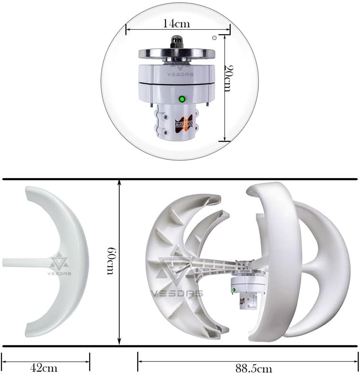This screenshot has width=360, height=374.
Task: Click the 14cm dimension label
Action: (176, 24)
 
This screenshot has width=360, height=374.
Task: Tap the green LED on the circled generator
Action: (182, 99)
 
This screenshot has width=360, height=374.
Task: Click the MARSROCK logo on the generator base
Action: (183, 124)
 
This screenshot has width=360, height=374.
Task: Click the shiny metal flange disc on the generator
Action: (177, 54)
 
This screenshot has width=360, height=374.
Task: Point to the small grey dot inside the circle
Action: (214, 38)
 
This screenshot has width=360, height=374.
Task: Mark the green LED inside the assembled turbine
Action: (234, 290)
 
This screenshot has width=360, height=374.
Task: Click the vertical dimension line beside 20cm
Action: (225, 88)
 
